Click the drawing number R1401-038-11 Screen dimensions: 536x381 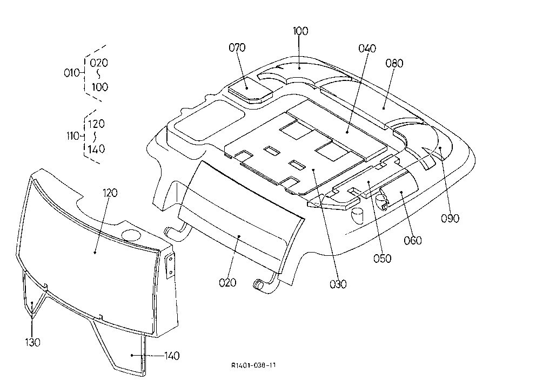pos(253,365)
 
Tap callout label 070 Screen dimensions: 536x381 pos(237,47)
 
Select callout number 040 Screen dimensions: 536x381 pos(367,49)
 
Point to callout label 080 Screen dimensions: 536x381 pos(394,64)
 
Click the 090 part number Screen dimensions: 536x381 pos(450,219)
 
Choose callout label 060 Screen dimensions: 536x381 pos(413,241)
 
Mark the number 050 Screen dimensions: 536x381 pos(382,259)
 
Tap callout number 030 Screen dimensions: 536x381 pos(338,284)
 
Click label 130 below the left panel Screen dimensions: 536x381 pos(33,342)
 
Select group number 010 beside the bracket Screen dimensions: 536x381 pos(72,73)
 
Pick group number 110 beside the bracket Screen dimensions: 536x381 pos(73,136)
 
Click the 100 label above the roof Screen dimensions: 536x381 pos(300,31)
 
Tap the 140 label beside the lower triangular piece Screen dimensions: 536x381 pos(172,356)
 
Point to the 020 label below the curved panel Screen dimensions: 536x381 pos(227,283)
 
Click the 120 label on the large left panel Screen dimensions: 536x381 pos(110,193)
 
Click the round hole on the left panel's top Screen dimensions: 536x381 pos(131,235)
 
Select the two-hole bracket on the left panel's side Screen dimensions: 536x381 pos(170,267)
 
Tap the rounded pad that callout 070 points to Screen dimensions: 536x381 pos(250,90)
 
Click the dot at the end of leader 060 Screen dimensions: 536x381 pos(401,192)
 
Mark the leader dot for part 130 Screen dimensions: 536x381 pos(32,302)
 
